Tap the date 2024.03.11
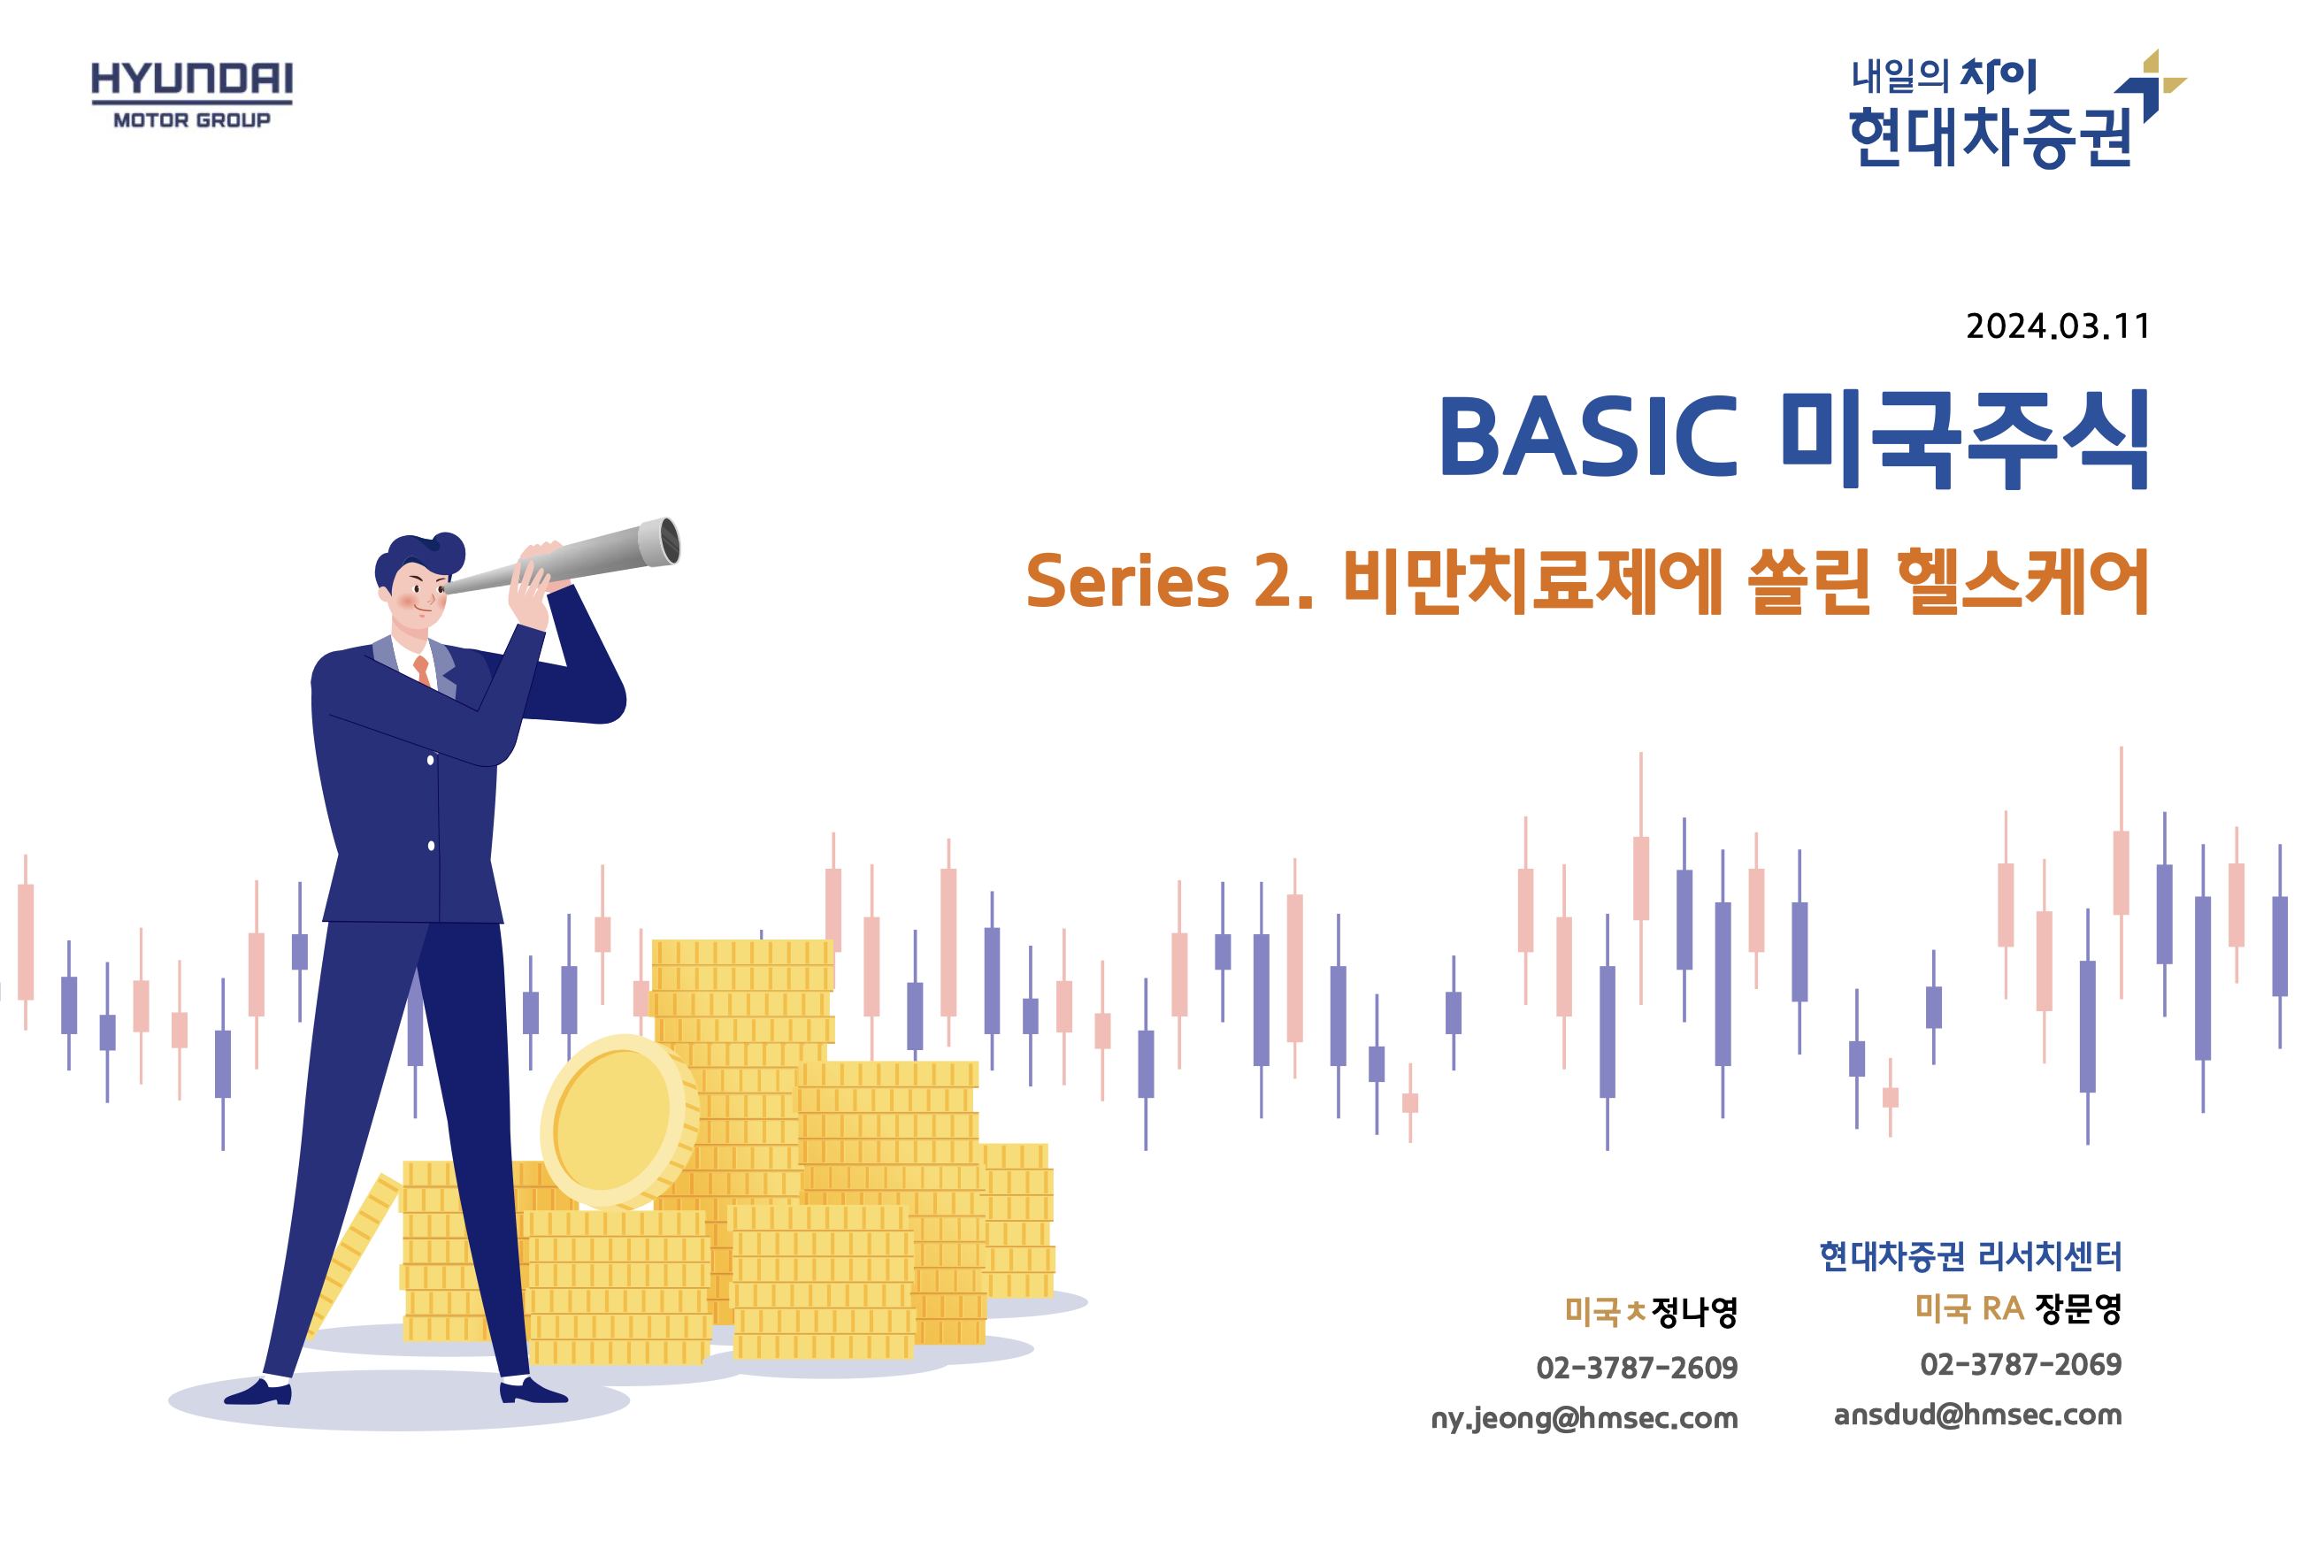[2057, 326]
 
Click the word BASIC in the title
[1588, 437]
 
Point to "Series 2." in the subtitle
[1169, 581]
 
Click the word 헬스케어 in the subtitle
[2021, 581]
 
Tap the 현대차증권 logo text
[1991, 138]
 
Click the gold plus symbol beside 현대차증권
[2163, 74]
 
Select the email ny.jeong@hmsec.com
[1584, 1418]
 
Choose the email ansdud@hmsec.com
[1977, 1415]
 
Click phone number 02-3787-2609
[1637, 1368]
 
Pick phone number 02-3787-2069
[2021, 1364]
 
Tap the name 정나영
[1694, 1312]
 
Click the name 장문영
[2078, 1308]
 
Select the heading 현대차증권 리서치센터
[1971, 1256]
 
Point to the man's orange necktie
[423, 671]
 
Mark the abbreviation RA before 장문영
[2002, 1308]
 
